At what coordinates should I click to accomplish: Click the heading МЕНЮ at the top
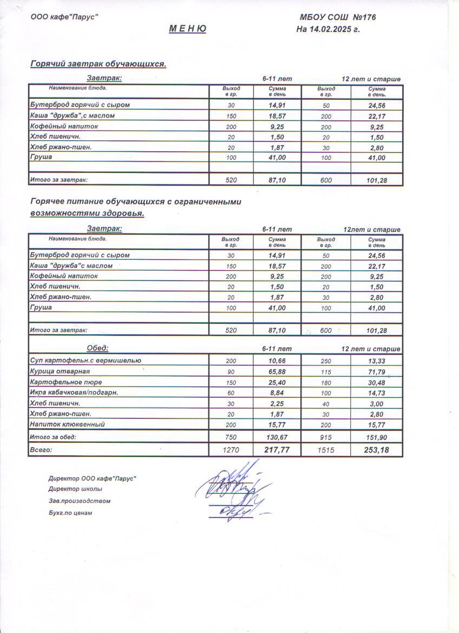pyautogui.click(x=187, y=29)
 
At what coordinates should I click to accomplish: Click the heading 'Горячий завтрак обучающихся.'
pyautogui.click(x=98, y=64)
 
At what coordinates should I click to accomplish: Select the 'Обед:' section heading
pyautogui.click(x=98, y=348)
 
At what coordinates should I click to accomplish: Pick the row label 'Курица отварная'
pyautogui.click(x=60, y=371)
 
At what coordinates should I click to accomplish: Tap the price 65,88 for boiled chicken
pyautogui.click(x=277, y=372)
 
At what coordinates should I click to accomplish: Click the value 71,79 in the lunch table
pyautogui.click(x=377, y=372)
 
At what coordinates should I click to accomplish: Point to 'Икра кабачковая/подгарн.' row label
pyautogui.click(x=74, y=392)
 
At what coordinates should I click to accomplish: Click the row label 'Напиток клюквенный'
pyautogui.click(x=68, y=424)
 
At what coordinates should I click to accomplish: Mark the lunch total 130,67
pyautogui.click(x=277, y=437)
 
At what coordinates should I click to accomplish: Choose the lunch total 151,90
pyautogui.click(x=377, y=437)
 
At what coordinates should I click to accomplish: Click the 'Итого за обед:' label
pyautogui.click(x=53, y=437)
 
